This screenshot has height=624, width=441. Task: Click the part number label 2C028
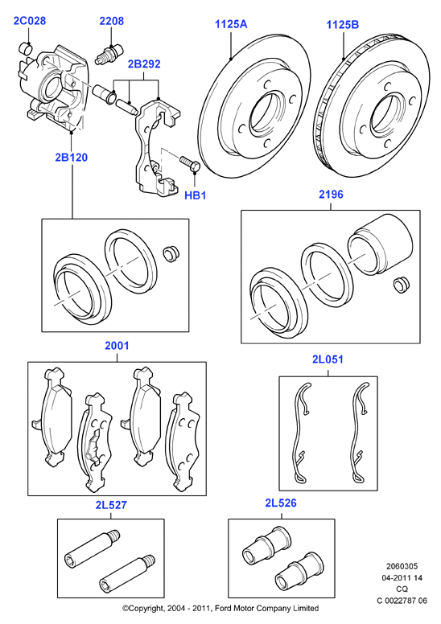click(30, 21)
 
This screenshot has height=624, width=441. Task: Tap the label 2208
click(112, 21)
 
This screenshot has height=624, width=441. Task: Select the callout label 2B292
click(144, 64)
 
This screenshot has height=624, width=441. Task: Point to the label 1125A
click(231, 24)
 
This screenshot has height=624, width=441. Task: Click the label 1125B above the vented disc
click(343, 25)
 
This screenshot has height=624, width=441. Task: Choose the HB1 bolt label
click(196, 195)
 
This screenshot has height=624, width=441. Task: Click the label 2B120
click(72, 157)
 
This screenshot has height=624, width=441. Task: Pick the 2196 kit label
click(331, 195)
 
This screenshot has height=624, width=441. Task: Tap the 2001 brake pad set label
click(117, 346)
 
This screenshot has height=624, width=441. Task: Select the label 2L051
click(328, 359)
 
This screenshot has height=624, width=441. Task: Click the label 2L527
click(111, 505)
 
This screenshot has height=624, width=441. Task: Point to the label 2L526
click(281, 503)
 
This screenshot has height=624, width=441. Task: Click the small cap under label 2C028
click(26, 47)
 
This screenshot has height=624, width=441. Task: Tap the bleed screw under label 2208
click(109, 55)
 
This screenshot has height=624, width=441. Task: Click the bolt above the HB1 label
click(189, 164)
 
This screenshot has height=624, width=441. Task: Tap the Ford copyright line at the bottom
click(220, 608)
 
